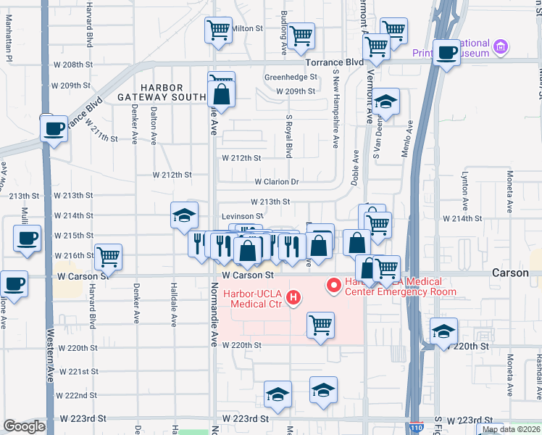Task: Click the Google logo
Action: [24, 426]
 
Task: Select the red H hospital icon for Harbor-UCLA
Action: [293, 297]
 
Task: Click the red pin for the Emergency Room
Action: [334, 285]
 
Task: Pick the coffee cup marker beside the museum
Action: [447, 52]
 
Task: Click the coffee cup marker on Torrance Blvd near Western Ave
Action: [54, 128]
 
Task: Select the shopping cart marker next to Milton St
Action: [218, 30]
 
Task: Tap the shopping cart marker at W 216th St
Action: [108, 255]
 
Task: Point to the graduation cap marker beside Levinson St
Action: [185, 215]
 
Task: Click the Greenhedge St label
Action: [291, 76]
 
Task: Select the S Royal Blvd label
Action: [288, 136]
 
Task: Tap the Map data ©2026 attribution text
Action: [510, 429]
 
